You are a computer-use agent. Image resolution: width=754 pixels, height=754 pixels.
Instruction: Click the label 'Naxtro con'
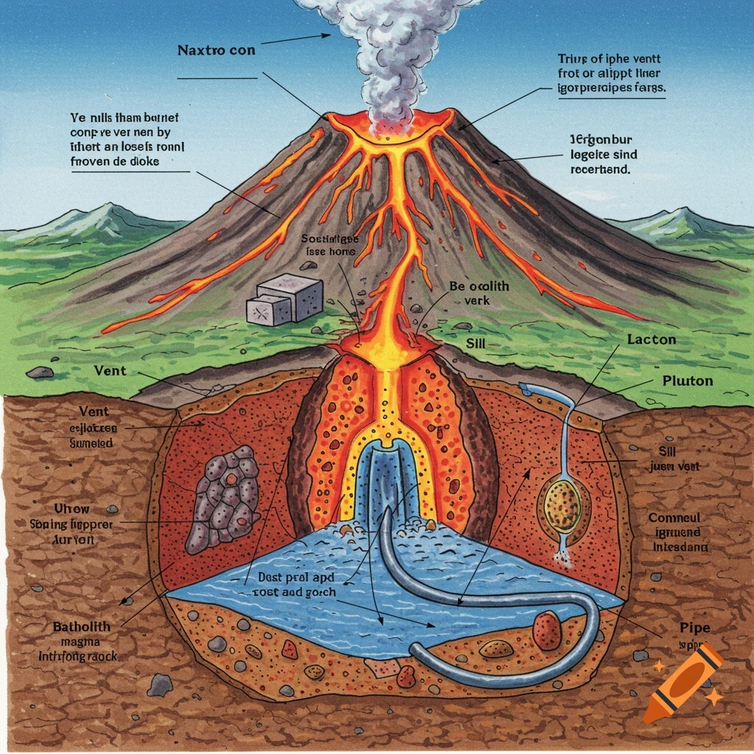[217, 52]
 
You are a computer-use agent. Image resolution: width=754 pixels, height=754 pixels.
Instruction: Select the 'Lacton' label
[652, 340]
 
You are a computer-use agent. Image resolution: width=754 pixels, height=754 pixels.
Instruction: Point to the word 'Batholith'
[82, 627]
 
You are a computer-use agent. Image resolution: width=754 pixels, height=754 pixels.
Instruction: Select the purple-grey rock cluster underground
[222, 498]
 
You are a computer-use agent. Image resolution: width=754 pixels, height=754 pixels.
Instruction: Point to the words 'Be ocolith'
[479, 286]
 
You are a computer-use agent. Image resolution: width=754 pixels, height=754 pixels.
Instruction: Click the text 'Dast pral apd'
[292, 579]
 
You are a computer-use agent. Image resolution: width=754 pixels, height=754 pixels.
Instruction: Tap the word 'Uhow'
[72, 509]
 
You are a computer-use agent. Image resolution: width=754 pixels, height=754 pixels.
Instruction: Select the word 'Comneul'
[674, 518]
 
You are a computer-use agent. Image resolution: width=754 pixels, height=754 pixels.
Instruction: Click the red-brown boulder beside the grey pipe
[547, 630]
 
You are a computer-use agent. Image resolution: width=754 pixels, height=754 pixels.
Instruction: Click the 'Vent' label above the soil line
[110, 371]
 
